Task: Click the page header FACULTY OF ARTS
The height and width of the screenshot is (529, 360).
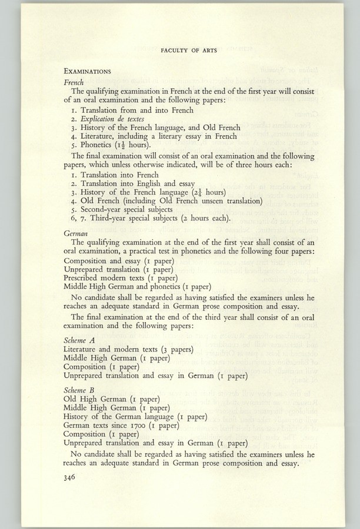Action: point(189,51)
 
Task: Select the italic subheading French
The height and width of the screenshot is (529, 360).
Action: point(74,82)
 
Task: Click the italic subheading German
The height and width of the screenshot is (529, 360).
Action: point(76,233)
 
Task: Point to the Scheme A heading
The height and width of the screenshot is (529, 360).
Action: point(79,340)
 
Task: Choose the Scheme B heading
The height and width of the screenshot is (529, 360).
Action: point(79,389)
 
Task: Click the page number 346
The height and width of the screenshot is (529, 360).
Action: point(71,478)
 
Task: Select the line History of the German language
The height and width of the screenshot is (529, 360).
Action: point(135,417)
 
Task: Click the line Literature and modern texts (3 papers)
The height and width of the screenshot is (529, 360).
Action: point(128,349)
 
